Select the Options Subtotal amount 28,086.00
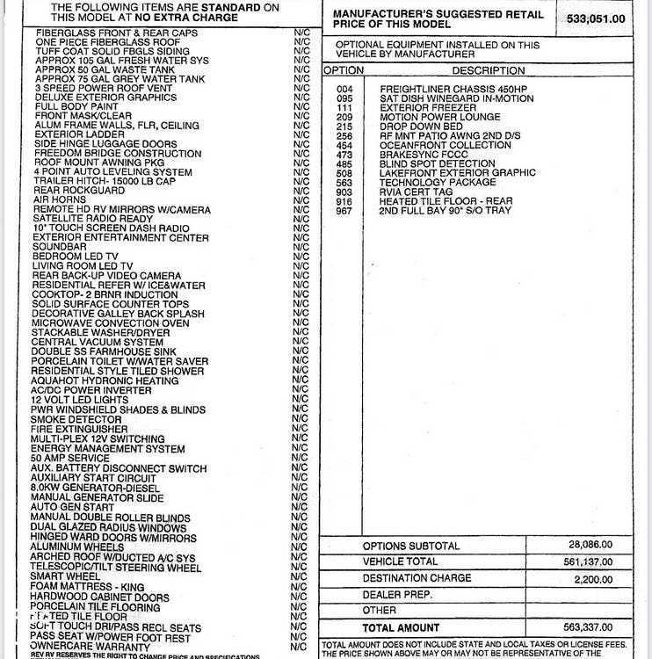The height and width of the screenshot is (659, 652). click(590, 544)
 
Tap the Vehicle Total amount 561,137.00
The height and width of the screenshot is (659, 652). click(590, 561)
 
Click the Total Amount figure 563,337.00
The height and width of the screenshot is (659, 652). click(590, 627)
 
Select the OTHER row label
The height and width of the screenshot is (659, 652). click(379, 611)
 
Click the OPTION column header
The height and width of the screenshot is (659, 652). click(343, 70)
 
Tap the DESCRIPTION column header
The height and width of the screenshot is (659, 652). click(488, 70)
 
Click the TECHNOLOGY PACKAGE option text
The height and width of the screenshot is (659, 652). click(438, 183)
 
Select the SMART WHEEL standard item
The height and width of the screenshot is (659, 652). click(67, 576)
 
